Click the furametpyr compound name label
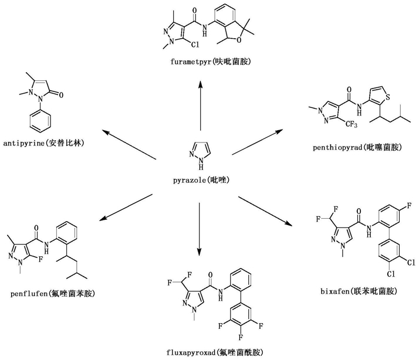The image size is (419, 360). coord(211,62)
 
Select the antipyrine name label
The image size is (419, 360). coord(43,144)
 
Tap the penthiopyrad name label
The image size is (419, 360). coord(357,147)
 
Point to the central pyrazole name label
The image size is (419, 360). coord(201,180)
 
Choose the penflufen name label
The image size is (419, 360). coord(53,294)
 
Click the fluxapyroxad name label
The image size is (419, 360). coord(215,352)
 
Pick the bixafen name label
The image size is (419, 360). coord(359,291)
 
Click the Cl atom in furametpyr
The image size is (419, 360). coord(195,45)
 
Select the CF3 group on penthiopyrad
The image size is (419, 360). coord(351,124)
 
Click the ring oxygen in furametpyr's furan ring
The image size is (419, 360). coord(239,40)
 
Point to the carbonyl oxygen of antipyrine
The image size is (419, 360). coord(60,95)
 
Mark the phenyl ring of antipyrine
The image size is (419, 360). coord(40,121)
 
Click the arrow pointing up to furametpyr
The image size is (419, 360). coord(200,106)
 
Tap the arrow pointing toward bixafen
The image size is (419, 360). coord(265,211)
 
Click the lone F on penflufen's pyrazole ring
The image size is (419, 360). coord(40,259)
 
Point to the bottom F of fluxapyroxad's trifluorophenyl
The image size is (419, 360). coord(241,337)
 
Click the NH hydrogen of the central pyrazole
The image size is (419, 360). coord(201,168)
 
